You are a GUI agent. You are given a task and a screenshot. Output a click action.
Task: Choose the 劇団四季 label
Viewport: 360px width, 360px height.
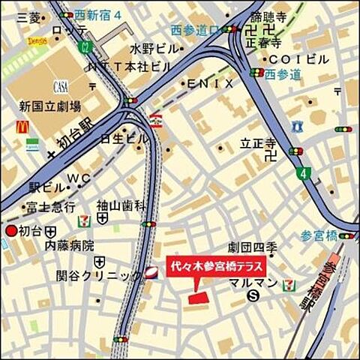coord(251,248)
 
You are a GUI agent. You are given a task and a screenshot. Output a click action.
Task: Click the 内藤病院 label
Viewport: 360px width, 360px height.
coord(69,245)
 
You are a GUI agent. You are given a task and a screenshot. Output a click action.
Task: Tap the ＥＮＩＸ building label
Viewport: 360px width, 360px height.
coord(211,83)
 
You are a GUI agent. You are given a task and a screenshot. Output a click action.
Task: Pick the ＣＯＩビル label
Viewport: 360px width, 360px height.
coord(298,58)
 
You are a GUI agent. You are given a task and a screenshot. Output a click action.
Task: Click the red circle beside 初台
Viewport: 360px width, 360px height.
coord(10,231)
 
